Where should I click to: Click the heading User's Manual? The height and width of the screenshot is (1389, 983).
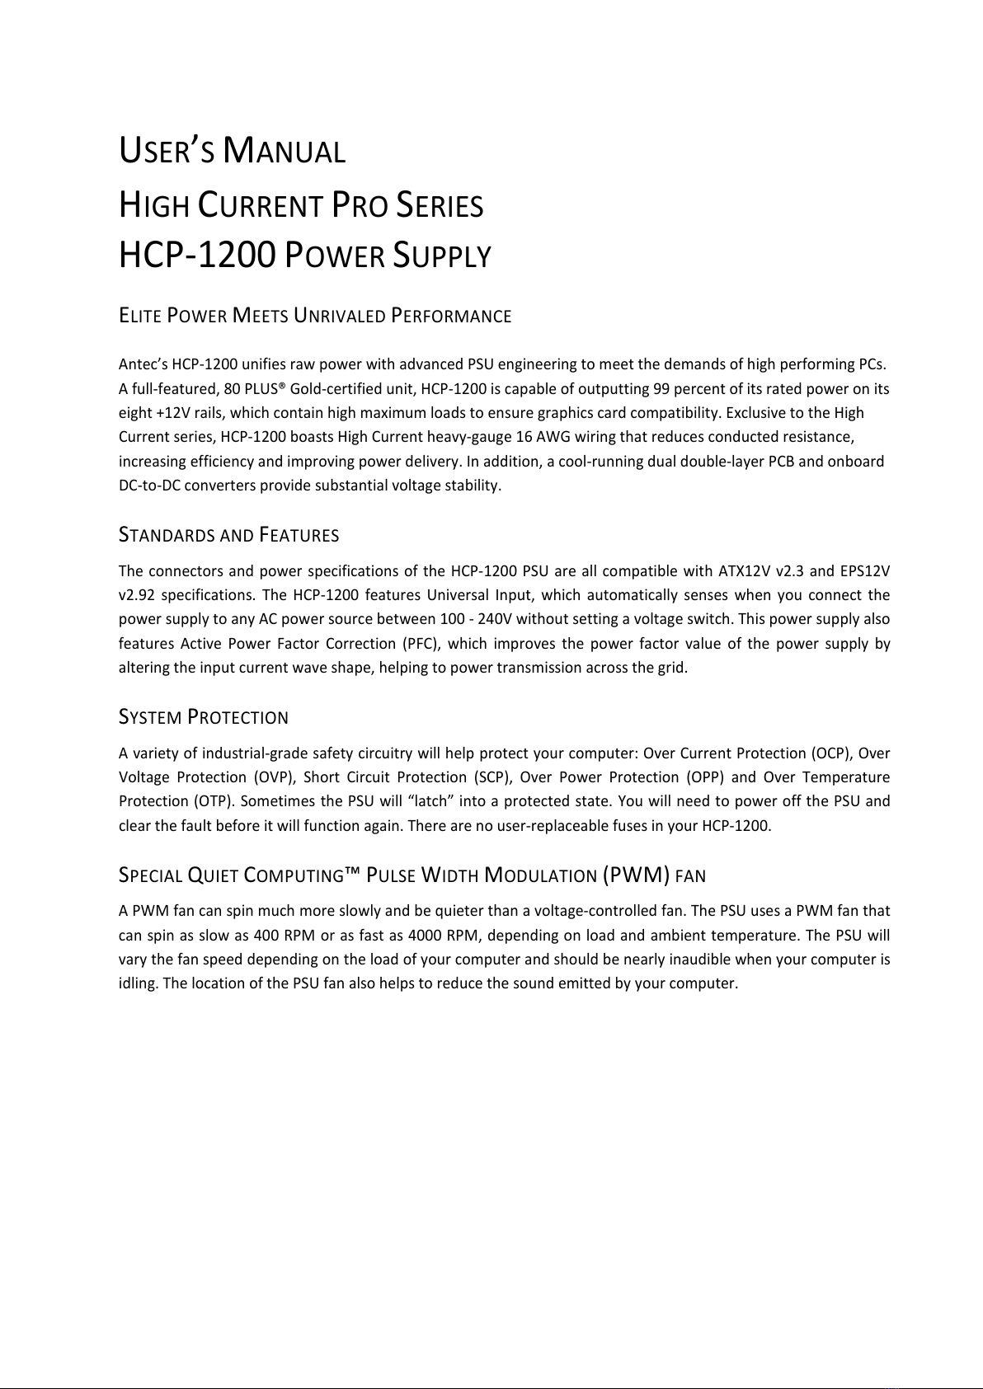(232, 153)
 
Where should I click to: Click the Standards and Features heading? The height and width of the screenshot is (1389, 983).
(229, 536)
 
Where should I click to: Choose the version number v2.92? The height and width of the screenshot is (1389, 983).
(135, 595)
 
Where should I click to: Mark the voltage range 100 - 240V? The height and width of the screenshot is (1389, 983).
(479, 619)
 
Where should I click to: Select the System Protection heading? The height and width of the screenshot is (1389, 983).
(204, 717)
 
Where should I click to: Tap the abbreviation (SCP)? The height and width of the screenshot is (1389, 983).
(491, 777)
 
